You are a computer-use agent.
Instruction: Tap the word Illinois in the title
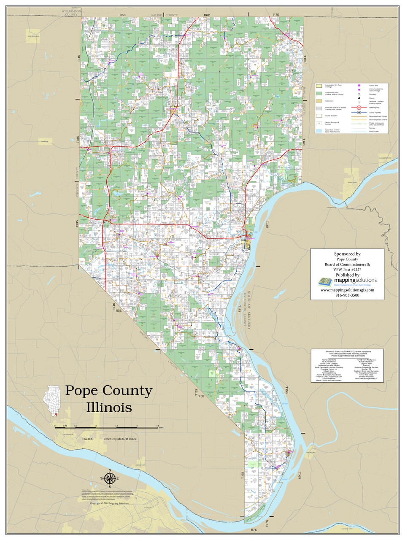(109, 408)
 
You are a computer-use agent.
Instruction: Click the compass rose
(110, 478)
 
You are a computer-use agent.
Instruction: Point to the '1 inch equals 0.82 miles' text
(120, 439)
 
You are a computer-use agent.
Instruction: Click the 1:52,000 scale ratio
(88, 439)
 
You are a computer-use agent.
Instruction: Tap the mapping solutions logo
(347, 281)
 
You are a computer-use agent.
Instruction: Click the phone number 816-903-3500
(347, 295)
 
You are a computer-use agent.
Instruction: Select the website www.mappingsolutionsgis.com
(347, 290)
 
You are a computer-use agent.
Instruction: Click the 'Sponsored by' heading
(347, 254)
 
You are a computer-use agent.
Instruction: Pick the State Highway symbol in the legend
(359, 108)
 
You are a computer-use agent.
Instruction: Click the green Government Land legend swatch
(319, 93)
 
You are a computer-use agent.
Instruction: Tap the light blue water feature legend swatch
(319, 131)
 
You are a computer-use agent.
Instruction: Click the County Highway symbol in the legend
(359, 113)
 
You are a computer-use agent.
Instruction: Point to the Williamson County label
(69, 13)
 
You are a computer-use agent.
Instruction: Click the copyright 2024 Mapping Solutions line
(109, 503)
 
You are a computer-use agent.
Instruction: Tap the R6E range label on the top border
(207, 15)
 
